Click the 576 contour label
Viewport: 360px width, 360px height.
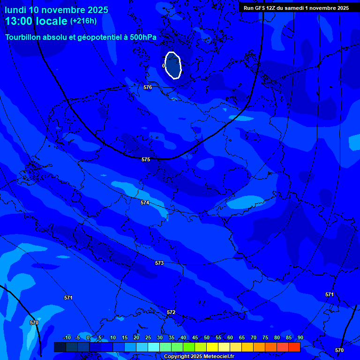coord(148,87)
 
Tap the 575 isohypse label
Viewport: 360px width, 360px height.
coord(146,159)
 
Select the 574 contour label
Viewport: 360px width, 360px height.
coord(145,202)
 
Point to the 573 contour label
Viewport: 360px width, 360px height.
coord(159,263)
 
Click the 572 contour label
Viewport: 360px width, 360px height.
coord(171,312)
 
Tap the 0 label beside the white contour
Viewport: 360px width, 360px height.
coord(164,66)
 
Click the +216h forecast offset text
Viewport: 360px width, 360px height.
coord(83,21)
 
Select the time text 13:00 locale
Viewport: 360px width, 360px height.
coord(36,21)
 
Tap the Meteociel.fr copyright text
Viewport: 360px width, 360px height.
coord(199,356)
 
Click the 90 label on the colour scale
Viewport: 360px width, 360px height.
coord(300,337)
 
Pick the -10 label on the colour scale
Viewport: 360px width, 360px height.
coord(67,337)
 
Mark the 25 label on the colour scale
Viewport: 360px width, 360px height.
coord(148,337)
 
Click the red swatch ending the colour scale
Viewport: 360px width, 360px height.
coord(294,347)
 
